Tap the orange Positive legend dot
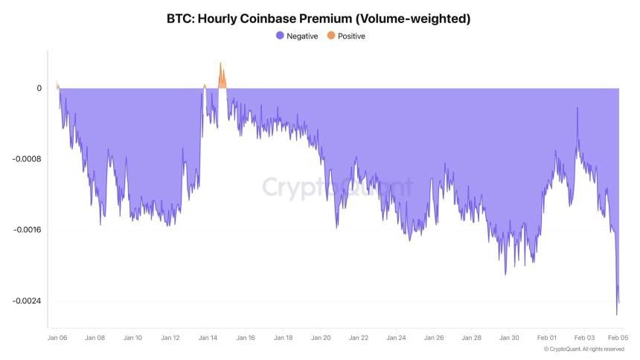(x=331, y=36)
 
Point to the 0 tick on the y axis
(x=39, y=89)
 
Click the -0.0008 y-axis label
(x=28, y=159)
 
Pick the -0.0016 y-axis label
(x=28, y=230)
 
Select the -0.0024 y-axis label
(x=28, y=300)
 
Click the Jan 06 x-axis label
(x=57, y=338)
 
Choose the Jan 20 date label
(x=321, y=338)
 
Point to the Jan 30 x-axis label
(x=509, y=338)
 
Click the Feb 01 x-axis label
(x=546, y=338)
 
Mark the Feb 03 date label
(x=584, y=338)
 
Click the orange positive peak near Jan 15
(x=220, y=65)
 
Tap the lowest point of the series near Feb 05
(x=616, y=314)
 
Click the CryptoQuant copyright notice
(x=583, y=349)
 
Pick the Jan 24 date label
(x=396, y=338)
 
